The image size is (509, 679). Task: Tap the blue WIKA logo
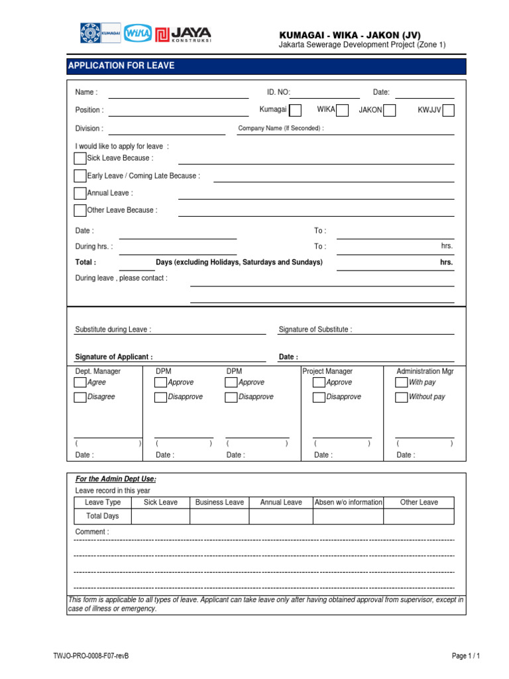(138, 33)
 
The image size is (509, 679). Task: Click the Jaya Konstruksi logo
(183, 33)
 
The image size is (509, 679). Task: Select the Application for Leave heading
(121, 66)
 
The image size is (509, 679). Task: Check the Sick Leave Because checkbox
(80, 158)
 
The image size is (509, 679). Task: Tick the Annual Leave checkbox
(80, 193)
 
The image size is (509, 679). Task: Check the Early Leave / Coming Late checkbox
(80, 176)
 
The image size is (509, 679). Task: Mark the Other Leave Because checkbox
(80, 210)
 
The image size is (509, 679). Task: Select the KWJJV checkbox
(449, 110)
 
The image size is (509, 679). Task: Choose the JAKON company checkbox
(390, 110)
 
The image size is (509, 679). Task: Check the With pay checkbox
(401, 383)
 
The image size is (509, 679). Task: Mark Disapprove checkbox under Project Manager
(319, 397)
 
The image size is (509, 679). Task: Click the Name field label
(86, 92)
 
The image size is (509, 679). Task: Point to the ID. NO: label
(278, 92)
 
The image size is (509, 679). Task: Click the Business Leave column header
(219, 503)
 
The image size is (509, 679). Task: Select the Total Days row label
(102, 516)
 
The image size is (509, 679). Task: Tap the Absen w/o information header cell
(348, 503)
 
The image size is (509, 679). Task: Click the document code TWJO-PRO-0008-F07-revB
(91, 656)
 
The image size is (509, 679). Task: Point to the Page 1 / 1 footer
(465, 656)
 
